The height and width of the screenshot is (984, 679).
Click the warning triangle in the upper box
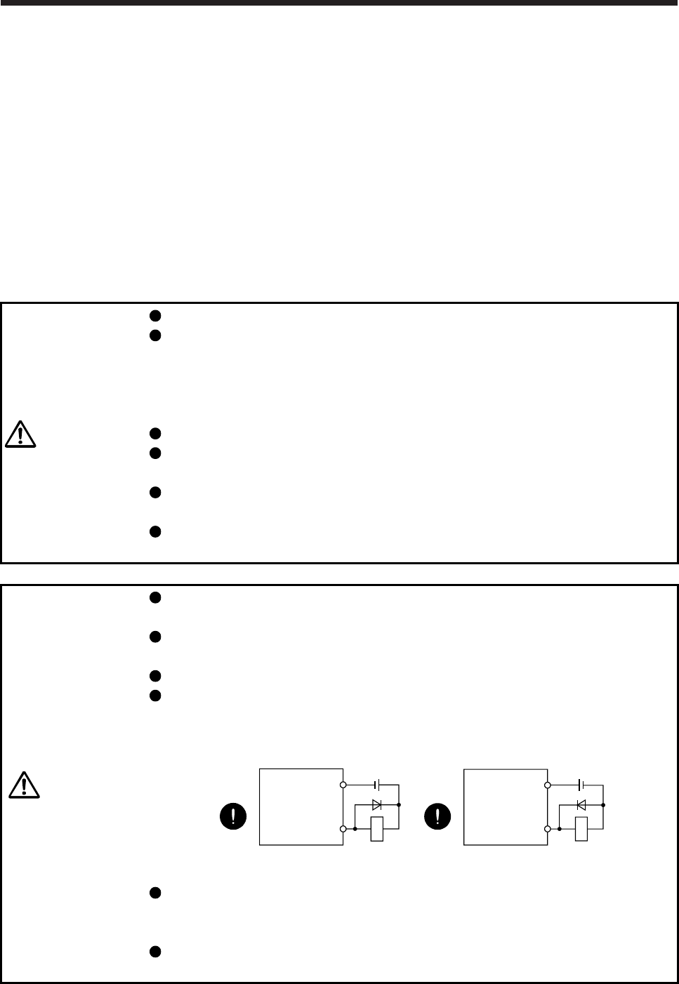(x=21, y=434)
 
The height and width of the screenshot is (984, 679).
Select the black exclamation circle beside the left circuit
(x=232, y=816)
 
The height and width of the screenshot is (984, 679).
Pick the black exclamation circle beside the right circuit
(x=439, y=816)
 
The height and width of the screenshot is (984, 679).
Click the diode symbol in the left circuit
(x=378, y=804)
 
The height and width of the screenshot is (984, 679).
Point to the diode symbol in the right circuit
(x=581, y=804)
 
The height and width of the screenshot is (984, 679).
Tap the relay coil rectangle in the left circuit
(x=378, y=829)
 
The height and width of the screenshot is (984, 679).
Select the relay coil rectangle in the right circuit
(x=581, y=829)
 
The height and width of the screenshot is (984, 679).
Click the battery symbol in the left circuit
(x=378, y=784)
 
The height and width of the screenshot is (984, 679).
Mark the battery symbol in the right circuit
(x=581, y=784)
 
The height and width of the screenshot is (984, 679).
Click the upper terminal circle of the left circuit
(x=343, y=784)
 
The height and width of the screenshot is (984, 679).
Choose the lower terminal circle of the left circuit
(x=343, y=829)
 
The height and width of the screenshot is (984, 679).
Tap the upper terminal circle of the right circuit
(x=548, y=784)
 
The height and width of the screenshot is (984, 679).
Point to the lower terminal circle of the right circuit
(x=548, y=829)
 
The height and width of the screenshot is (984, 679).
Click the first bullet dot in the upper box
(x=157, y=315)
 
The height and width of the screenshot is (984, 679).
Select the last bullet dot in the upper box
(x=157, y=531)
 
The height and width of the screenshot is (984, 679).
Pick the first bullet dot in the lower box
(x=157, y=598)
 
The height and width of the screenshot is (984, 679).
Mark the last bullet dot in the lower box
(x=157, y=952)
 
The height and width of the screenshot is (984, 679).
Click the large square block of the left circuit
(x=301, y=806)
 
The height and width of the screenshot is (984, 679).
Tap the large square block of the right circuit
(x=506, y=806)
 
